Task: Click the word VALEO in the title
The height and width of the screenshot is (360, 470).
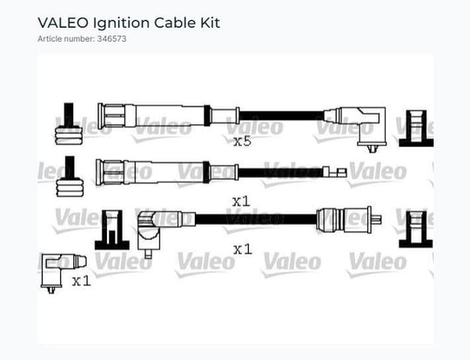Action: click(x=63, y=23)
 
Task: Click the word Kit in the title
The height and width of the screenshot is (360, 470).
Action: click(x=210, y=23)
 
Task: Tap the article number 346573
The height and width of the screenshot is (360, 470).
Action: click(x=111, y=39)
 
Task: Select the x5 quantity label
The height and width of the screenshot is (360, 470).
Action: click(x=242, y=141)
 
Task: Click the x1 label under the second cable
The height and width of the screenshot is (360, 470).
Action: click(x=241, y=202)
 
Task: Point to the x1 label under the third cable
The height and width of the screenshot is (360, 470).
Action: click(x=243, y=250)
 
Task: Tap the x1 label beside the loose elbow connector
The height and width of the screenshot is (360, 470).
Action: click(x=81, y=281)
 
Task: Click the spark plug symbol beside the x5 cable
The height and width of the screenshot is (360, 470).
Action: click(x=69, y=124)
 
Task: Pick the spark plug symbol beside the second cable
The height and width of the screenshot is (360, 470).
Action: click(x=70, y=177)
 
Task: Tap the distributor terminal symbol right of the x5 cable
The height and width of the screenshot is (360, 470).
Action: click(x=416, y=129)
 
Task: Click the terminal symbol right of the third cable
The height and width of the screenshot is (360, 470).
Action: click(x=416, y=229)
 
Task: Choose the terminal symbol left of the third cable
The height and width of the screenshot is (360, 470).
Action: click(x=112, y=230)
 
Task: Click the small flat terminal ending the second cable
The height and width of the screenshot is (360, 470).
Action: click(x=334, y=172)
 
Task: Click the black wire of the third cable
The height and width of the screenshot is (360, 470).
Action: click(x=256, y=219)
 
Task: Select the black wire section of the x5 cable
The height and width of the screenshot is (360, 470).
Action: click(x=281, y=116)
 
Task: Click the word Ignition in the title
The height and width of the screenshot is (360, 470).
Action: click(x=121, y=23)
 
